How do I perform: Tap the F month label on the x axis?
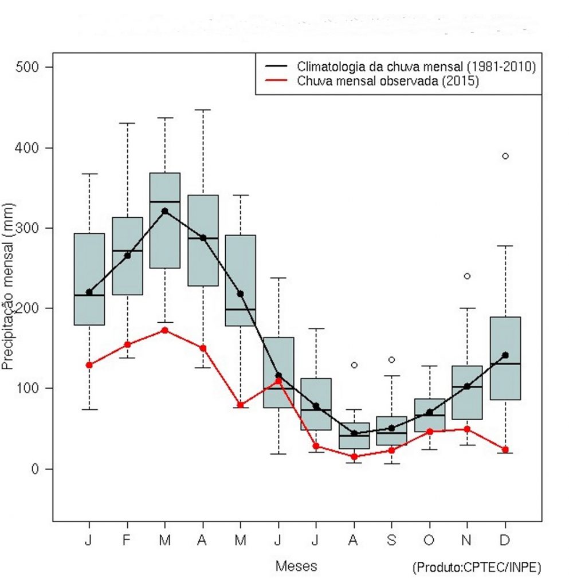[127, 541]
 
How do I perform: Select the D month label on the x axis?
[505, 541]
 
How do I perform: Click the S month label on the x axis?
[391, 541]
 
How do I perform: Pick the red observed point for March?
[165, 330]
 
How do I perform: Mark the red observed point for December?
[505, 449]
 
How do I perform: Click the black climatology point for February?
[127, 255]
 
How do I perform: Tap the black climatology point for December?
[505, 355]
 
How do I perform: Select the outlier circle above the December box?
[505, 156]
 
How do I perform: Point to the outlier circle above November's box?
[467, 276]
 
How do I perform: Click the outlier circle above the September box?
[391, 359]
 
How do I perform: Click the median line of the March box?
[165, 202]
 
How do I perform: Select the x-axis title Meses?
[296, 566]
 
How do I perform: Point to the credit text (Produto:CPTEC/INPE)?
[476, 568]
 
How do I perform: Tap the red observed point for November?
[467, 429]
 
